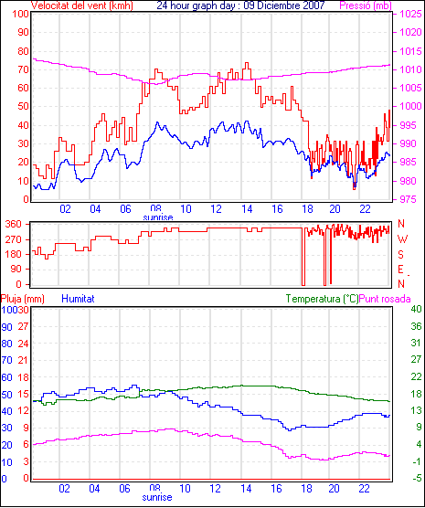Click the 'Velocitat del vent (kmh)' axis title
tap(82, 5)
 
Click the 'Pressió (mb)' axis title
tap(366, 5)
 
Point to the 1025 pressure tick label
tap(410, 14)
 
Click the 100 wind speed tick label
tap(21, 15)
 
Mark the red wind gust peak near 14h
tap(247, 64)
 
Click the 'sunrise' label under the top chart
tap(158, 217)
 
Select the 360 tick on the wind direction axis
tap(14, 224)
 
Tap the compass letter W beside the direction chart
tap(402, 239)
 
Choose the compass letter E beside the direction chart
tap(400, 270)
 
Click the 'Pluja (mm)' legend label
tap(22, 299)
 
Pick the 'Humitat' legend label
tap(78, 299)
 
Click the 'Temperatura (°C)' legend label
tap(322, 299)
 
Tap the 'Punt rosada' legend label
tap(385, 299)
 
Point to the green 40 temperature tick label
tap(416, 309)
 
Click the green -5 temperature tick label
tap(416, 479)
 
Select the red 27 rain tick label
tap(24, 326)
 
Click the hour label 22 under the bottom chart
tap(364, 488)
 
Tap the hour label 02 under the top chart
tap(65, 209)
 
